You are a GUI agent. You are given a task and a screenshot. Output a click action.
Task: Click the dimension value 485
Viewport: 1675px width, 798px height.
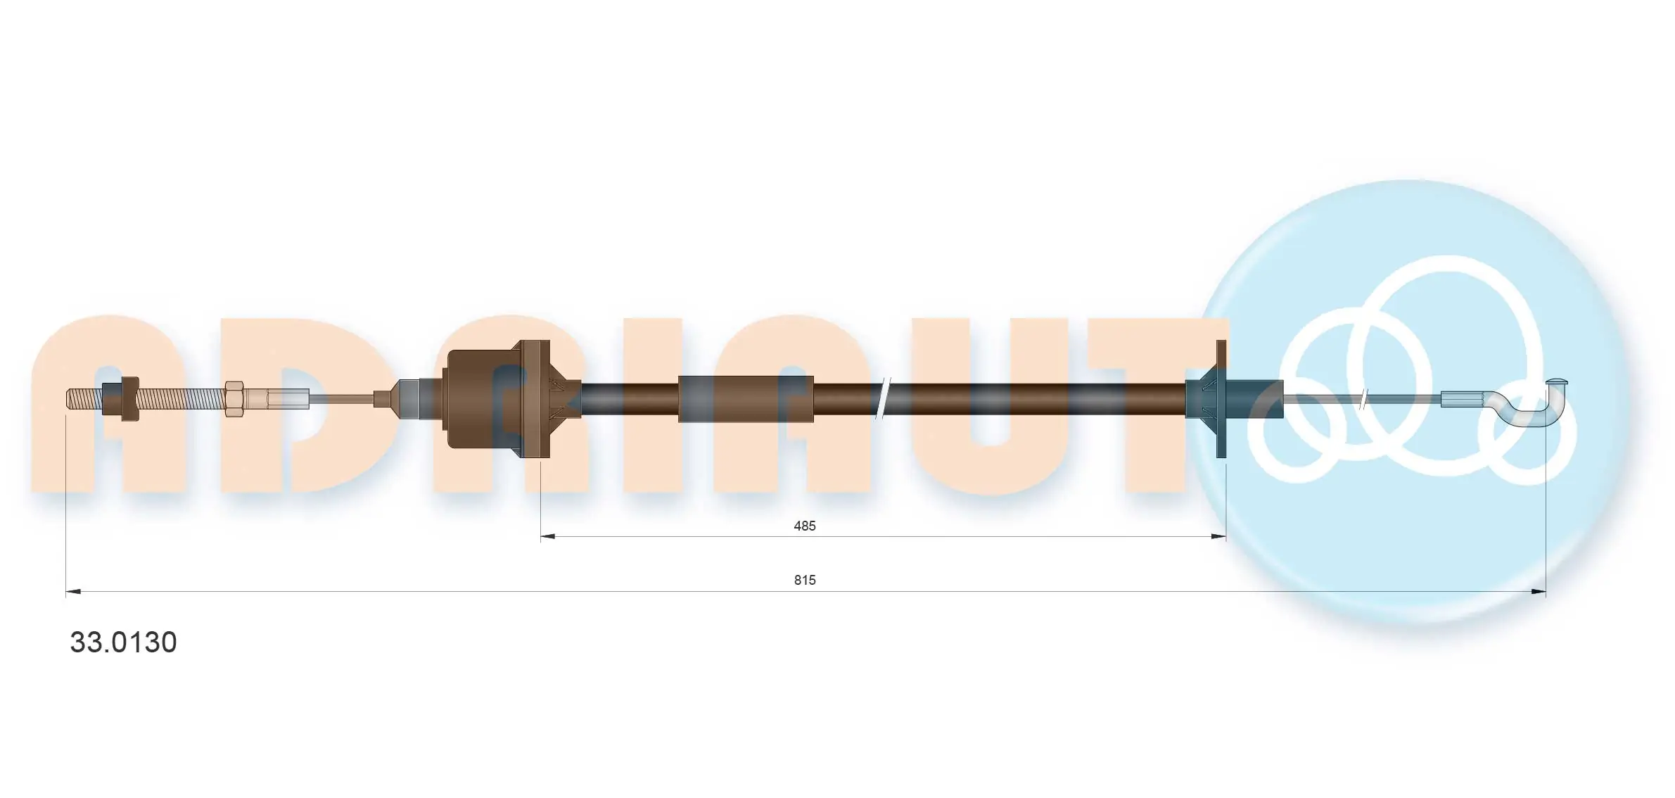coord(804,526)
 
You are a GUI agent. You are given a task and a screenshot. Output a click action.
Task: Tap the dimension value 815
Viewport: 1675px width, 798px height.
coord(805,580)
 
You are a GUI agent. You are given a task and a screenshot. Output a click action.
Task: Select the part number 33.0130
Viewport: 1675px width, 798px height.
coord(123,642)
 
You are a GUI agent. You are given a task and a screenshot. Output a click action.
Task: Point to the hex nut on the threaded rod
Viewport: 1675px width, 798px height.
coord(234,399)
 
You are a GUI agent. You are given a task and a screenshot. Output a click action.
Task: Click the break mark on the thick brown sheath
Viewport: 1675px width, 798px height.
coord(883,399)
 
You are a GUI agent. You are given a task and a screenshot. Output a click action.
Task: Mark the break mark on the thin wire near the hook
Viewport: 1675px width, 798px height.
coord(1364,399)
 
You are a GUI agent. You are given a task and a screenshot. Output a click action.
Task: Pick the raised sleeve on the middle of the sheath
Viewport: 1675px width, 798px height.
coord(746,399)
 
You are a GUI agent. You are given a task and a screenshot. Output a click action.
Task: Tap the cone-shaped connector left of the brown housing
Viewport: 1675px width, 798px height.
coord(394,399)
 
